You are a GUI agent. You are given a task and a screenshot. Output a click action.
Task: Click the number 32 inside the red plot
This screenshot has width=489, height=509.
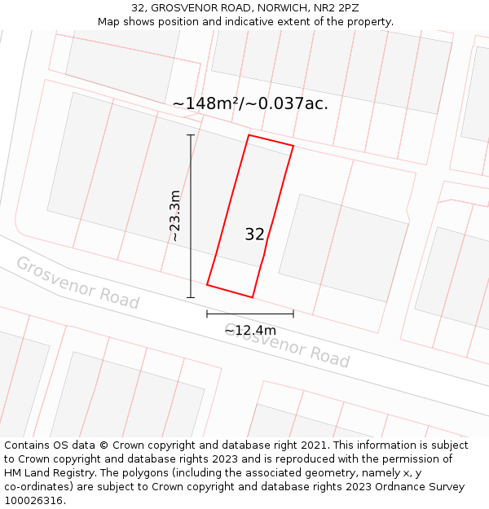(254, 235)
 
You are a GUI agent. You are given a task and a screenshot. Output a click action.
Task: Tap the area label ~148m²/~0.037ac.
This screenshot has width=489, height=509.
(250, 103)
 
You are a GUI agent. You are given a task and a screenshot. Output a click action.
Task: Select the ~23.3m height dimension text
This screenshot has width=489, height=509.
(174, 216)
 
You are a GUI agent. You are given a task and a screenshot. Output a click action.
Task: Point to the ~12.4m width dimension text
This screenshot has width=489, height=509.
(250, 330)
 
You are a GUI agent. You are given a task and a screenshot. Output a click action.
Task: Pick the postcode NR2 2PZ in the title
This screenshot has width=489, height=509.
(336, 8)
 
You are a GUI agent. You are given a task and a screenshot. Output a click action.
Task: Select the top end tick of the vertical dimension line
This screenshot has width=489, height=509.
(191, 135)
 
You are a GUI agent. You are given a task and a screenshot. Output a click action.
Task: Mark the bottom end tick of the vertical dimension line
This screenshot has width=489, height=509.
(191, 297)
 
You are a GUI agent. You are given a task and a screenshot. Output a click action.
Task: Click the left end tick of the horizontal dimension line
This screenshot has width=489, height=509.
(207, 314)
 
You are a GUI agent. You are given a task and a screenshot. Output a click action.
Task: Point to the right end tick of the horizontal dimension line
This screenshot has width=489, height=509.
(293, 314)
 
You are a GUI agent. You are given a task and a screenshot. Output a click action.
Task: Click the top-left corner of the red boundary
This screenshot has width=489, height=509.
(249, 135)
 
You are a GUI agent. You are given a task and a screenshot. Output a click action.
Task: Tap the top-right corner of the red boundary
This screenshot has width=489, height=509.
(293, 147)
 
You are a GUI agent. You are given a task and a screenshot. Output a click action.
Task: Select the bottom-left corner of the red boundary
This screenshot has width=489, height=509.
(207, 285)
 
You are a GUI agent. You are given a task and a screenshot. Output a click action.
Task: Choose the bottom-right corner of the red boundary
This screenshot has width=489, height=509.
(252, 297)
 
